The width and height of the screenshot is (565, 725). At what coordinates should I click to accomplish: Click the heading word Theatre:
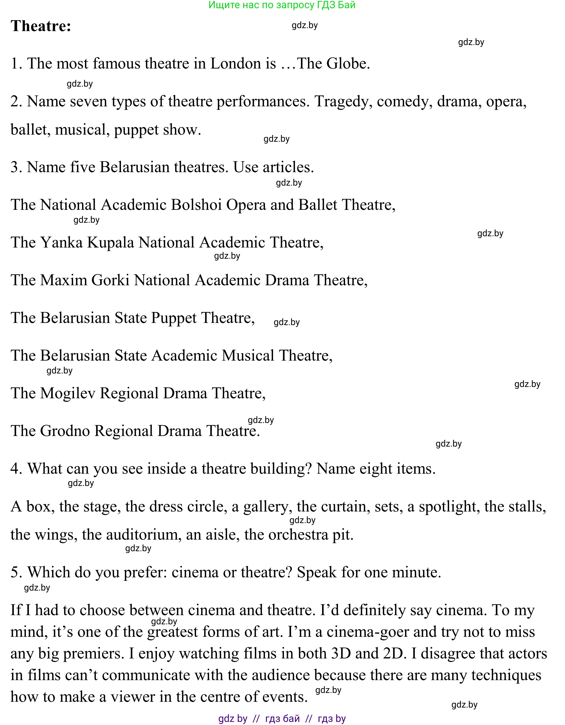41,26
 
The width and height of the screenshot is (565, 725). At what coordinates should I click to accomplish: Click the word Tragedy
343,102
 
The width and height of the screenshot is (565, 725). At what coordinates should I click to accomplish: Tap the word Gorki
110,280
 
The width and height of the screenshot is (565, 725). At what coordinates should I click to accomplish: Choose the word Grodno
65,431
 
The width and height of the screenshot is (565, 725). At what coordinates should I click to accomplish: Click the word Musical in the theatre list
248,355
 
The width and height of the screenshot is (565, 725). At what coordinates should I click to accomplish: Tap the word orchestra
298,535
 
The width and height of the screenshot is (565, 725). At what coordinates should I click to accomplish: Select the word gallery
267,507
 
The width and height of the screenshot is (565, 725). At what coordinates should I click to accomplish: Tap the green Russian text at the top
282,5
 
